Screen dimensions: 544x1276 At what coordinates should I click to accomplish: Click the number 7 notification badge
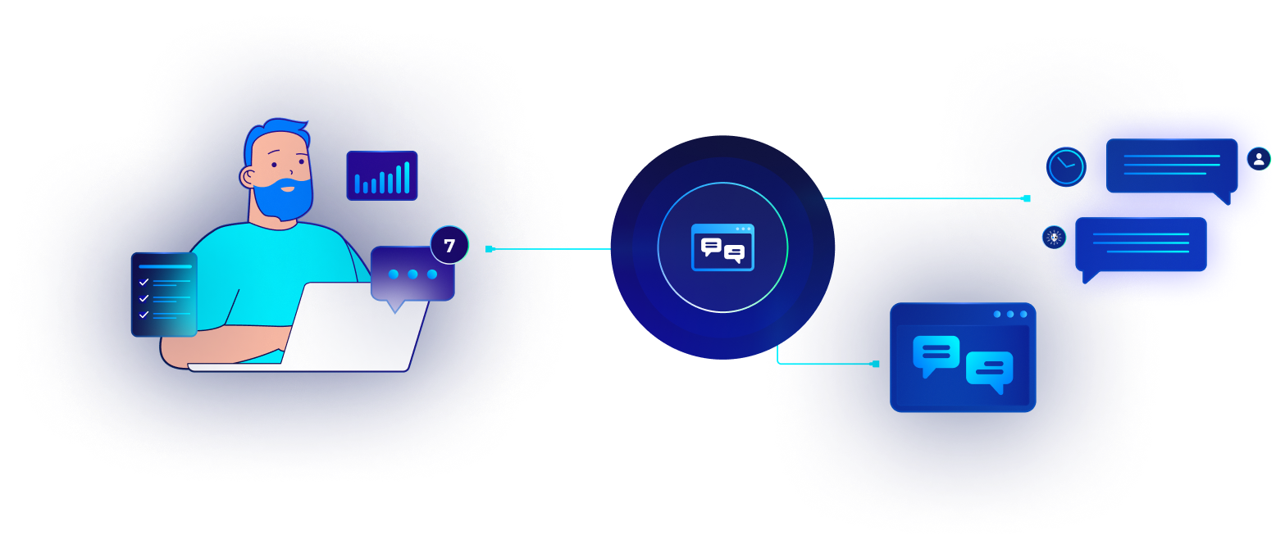(449, 245)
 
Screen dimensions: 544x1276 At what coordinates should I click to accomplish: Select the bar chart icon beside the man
(382, 175)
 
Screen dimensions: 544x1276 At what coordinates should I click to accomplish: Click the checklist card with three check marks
(164, 294)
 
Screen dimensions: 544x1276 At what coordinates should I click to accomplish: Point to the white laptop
(344, 328)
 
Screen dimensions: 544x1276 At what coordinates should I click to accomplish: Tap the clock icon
(1066, 166)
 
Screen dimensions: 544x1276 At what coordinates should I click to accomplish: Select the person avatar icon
(1258, 159)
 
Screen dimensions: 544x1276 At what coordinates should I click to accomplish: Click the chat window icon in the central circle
(722, 247)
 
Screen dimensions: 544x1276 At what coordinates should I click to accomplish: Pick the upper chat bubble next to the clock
(1171, 166)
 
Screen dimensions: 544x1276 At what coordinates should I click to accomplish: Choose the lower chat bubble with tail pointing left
(1141, 245)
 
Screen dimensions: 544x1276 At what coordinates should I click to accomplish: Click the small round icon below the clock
(1054, 238)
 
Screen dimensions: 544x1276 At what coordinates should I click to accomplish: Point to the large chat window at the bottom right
(963, 357)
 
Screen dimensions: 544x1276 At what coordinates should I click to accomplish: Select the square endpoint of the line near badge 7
(490, 248)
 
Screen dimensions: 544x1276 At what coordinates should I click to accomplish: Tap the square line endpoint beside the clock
(1026, 198)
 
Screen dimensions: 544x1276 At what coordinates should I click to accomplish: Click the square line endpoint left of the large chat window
(875, 364)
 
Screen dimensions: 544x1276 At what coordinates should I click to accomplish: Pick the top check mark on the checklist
(144, 282)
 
